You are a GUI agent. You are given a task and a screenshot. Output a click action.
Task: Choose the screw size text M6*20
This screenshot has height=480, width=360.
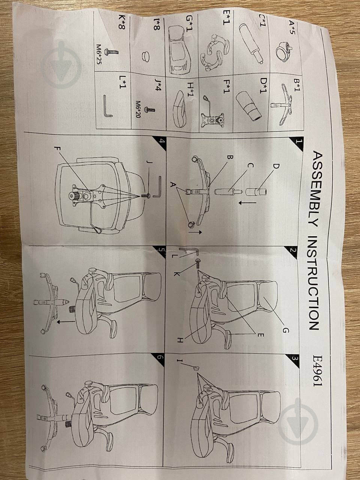pos(138,109)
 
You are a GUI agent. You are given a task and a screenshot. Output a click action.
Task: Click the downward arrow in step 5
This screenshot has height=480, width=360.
pos(66,322)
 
